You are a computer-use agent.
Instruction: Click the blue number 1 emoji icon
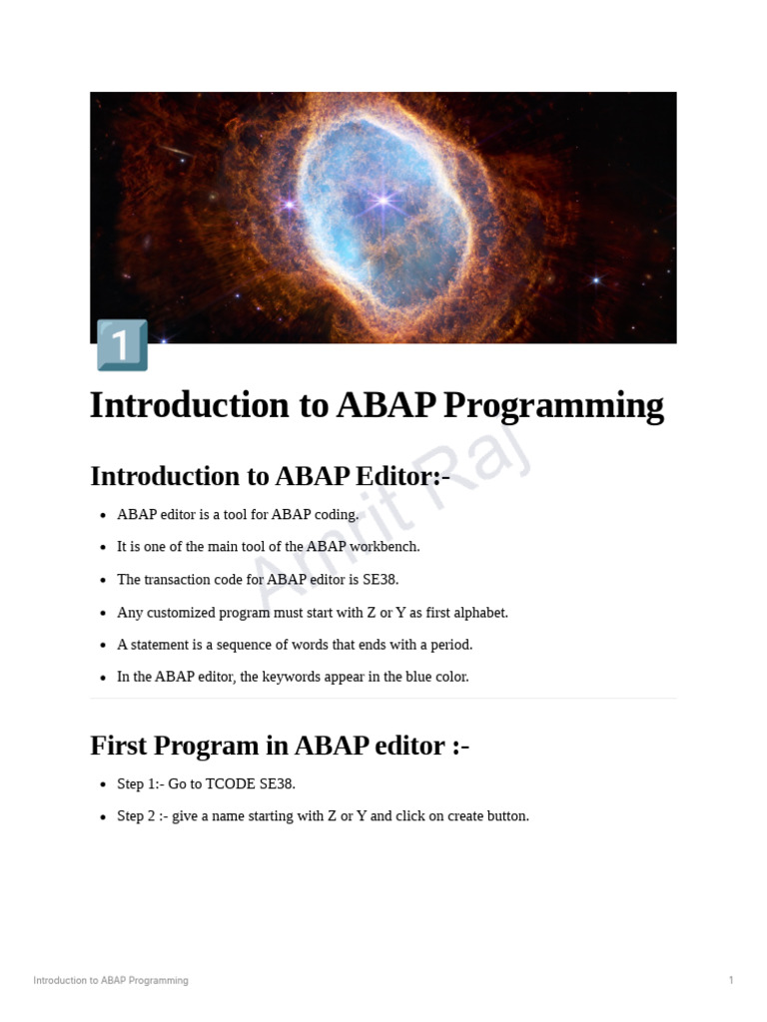(x=122, y=345)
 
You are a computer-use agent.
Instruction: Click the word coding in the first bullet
(x=333, y=515)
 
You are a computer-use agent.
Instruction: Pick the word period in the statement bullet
(x=449, y=645)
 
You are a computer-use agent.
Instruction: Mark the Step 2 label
(x=141, y=816)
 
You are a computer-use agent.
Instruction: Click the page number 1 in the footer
(x=731, y=981)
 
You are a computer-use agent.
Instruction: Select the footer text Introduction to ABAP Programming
(x=111, y=981)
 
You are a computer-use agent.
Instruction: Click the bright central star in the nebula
(x=383, y=202)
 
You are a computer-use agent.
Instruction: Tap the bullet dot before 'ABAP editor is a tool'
(x=103, y=516)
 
